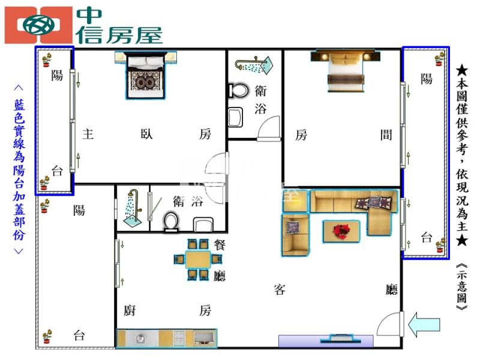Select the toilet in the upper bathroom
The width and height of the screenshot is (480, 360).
239,91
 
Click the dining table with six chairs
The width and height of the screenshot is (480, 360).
198,260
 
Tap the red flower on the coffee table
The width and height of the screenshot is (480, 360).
342,230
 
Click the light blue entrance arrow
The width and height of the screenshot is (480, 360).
424,325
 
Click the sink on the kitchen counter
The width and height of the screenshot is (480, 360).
142,338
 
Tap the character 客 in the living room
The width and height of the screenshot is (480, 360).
280,290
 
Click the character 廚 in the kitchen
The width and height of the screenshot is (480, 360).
129,310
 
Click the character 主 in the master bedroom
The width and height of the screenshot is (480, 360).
88,134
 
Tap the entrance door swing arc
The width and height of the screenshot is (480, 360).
389,327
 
